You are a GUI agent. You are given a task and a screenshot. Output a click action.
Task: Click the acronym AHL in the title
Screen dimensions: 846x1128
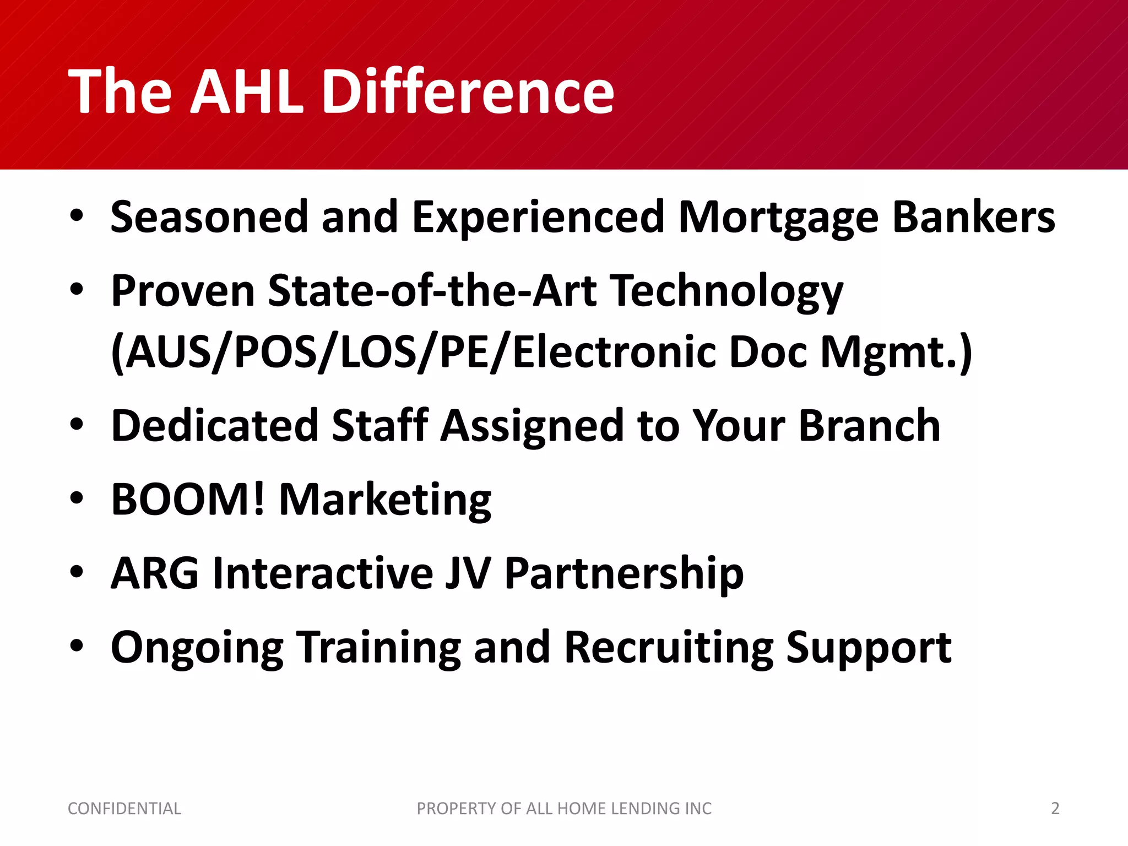(246, 91)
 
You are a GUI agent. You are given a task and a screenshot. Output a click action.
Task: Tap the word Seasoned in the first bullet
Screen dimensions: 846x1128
(209, 217)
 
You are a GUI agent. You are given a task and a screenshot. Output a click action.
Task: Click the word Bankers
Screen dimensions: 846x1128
(973, 217)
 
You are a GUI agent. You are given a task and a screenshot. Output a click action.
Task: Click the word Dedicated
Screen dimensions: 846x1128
(215, 426)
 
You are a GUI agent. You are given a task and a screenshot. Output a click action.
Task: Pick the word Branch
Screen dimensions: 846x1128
(869, 426)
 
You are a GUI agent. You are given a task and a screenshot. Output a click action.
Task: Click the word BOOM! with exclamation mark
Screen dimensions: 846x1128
(188, 500)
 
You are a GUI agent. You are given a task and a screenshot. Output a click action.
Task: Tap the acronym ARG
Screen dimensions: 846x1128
(155, 573)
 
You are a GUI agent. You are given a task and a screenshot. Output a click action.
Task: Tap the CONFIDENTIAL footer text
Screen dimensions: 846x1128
(124, 809)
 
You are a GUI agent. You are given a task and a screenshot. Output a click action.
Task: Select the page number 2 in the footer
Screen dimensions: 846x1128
(1055, 809)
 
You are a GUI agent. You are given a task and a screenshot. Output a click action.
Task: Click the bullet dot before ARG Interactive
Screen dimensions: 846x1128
(77, 571)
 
